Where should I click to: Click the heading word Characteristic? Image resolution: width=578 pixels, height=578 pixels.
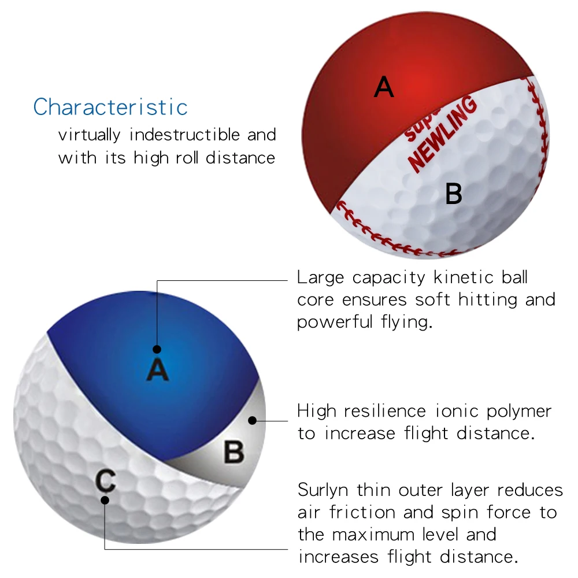[110, 108]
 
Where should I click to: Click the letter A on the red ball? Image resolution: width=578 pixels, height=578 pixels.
[384, 87]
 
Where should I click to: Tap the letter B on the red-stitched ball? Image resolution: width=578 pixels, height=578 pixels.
[454, 194]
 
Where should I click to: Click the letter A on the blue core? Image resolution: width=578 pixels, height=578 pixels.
[157, 369]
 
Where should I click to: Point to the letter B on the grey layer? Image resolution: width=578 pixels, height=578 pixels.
[234, 452]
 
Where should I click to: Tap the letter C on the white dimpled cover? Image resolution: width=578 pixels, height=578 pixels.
[105, 480]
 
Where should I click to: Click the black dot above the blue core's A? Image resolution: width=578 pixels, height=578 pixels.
[157, 349]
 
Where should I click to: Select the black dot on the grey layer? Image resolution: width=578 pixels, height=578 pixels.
[252, 421]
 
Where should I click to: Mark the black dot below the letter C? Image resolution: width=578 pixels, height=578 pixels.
[105, 500]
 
